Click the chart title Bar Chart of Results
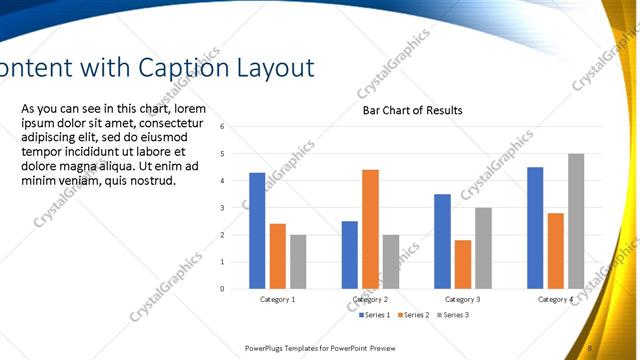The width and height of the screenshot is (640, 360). pyautogui.click(x=412, y=110)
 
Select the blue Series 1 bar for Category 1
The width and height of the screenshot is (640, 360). pyautogui.click(x=257, y=231)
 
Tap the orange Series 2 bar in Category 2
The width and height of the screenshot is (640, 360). pyautogui.click(x=370, y=229)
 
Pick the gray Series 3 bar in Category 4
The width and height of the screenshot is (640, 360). pyautogui.click(x=576, y=221)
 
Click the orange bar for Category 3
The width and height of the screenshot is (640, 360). pyautogui.click(x=462, y=264)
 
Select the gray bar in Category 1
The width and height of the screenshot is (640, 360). pyautogui.click(x=299, y=262)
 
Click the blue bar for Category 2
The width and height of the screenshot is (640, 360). pyautogui.click(x=349, y=255)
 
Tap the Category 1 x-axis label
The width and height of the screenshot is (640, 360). pyautogui.click(x=277, y=300)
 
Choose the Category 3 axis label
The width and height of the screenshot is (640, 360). pyautogui.click(x=462, y=300)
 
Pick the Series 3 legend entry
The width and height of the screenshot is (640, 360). pyautogui.click(x=452, y=315)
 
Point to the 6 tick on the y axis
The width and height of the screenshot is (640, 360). pyautogui.click(x=236, y=127)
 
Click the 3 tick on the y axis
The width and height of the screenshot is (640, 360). pyautogui.click(x=236, y=208)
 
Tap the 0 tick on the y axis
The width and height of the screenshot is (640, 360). pyautogui.click(x=236, y=289)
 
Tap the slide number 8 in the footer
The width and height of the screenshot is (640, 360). pyautogui.click(x=590, y=348)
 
